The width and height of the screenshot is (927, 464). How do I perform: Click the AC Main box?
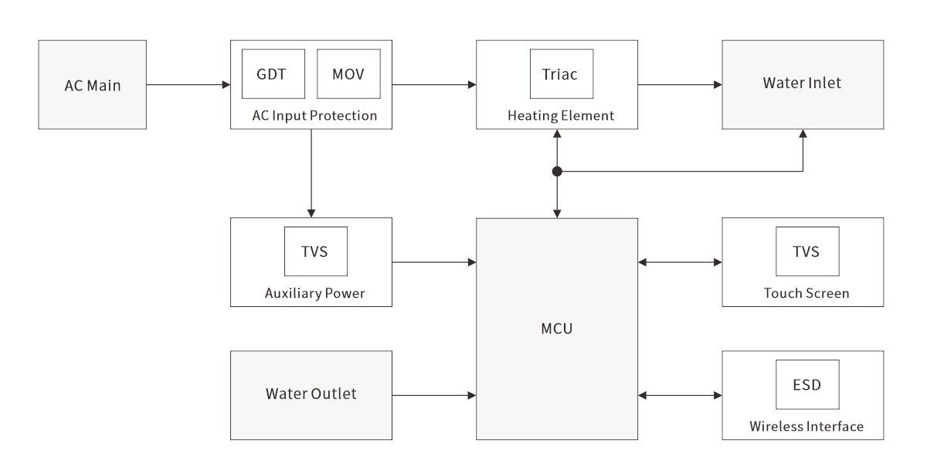click(92, 85)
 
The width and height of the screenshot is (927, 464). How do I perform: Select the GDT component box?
click(272, 74)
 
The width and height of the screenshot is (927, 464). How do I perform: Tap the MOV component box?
click(348, 74)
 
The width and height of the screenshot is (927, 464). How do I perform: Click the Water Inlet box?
click(803, 84)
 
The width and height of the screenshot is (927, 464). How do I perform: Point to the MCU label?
click(557, 329)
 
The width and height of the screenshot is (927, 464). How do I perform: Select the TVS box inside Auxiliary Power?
click(316, 251)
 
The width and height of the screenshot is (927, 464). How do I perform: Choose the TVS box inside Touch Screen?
click(806, 251)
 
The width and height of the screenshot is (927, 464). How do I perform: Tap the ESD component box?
click(806, 384)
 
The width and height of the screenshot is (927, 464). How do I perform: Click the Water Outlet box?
click(311, 394)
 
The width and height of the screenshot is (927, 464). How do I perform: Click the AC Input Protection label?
click(314, 116)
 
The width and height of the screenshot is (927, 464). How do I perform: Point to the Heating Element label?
click(561, 116)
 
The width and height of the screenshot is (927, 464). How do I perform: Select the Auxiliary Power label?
click(314, 294)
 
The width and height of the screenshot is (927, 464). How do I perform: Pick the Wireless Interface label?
click(806, 427)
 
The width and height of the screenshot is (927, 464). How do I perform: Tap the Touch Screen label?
click(806, 294)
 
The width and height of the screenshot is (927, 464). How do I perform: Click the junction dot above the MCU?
click(557, 172)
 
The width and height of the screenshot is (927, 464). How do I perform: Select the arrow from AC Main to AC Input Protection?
click(188, 84)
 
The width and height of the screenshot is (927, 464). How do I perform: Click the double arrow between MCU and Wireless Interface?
click(680, 395)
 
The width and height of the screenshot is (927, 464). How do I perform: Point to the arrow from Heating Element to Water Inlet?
click(680, 84)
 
